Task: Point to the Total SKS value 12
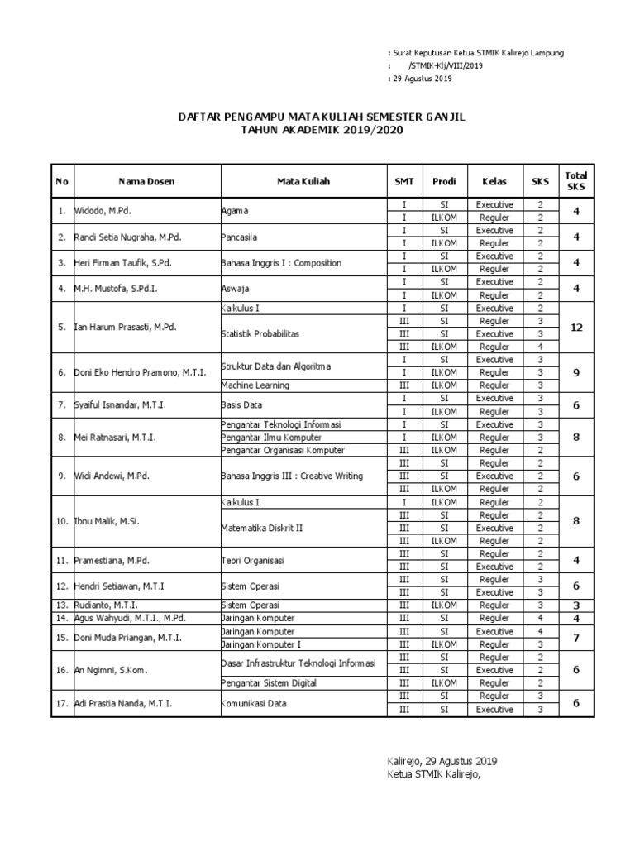click(575, 327)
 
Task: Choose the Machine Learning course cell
click(256, 385)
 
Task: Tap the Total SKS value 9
click(575, 372)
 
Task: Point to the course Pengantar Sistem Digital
click(270, 682)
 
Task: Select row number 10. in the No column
click(62, 521)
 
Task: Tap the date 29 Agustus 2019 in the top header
click(422, 79)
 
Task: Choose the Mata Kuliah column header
click(303, 181)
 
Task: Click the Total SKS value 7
click(575, 637)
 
